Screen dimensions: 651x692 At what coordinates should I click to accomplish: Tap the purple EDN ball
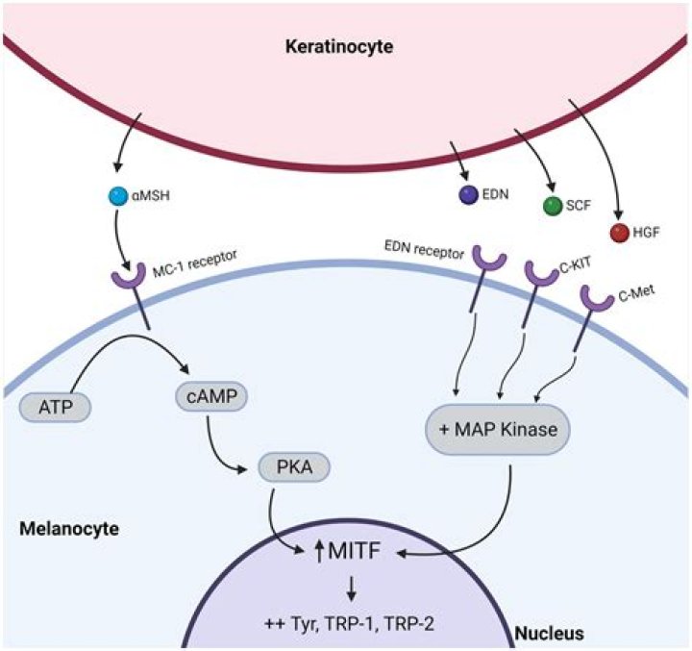[x=469, y=197]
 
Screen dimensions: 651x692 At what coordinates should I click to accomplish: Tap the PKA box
[x=295, y=467]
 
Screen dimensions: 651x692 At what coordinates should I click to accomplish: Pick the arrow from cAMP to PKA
[x=235, y=447]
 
